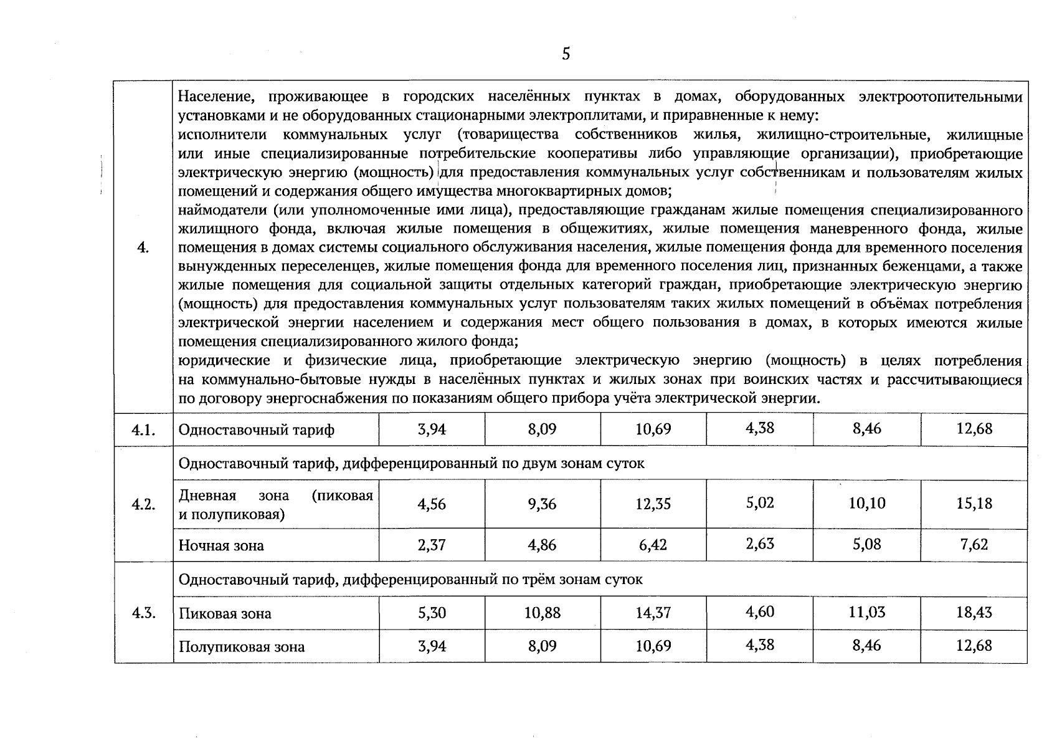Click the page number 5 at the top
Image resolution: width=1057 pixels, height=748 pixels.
(566, 54)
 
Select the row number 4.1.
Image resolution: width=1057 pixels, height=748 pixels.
(143, 430)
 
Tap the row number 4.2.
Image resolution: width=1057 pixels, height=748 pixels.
(143, 504)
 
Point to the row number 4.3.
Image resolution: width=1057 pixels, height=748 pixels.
(143, 613)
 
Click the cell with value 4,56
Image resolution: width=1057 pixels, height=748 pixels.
(432, 504)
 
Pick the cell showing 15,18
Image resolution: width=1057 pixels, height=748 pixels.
(974, 504)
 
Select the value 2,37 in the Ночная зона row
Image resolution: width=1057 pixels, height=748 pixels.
(432, 545)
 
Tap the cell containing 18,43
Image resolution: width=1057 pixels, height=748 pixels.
(974, 612)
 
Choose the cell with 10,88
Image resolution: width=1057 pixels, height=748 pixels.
(542, 613)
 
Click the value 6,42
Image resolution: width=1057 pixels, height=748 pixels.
(653, 545)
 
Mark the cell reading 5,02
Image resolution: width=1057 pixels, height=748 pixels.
(760, 503)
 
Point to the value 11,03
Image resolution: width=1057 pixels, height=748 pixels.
(867, 612)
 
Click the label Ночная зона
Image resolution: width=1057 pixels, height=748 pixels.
(221, 546)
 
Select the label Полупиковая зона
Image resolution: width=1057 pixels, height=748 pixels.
(242, 647)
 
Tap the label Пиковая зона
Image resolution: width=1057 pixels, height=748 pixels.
(225, 613)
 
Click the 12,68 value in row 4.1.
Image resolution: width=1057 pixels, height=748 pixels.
(974, 429)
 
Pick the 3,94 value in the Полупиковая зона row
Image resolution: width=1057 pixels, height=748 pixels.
(432, 646)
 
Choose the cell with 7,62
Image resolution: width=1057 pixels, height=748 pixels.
(974, 545)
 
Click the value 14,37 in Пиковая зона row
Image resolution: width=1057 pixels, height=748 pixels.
(653, 613)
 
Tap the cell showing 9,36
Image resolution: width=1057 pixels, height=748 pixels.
(542, 504)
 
